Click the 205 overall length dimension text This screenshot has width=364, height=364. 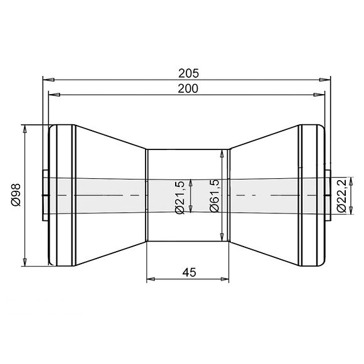(187, 72)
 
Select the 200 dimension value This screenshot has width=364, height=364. (187, 88)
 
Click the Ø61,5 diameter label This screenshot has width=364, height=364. (214, 195)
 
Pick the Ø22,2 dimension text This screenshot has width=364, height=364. (342, 195)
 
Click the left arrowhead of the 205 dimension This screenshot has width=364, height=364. (47, 79)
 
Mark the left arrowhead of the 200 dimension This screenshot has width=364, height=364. (54, 95)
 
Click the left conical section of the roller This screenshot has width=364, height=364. (110, 157)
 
